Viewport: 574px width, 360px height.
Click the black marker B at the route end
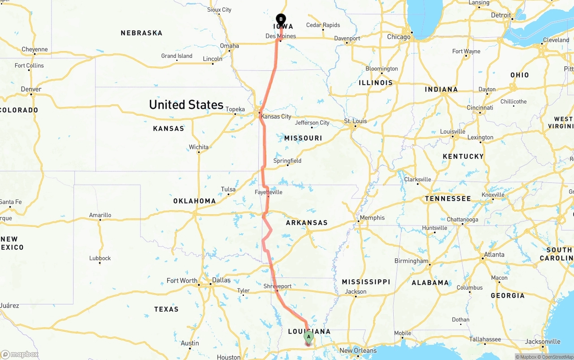pyautogui.click(x=281, y=19)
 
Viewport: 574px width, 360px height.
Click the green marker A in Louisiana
pyautogui.click(x=309, y=337)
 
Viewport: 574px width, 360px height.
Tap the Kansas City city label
pyautogui.click(x=276, y=117)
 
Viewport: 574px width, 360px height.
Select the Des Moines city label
pyautogui.click(x=281, y=36)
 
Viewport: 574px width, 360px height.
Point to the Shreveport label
pyautogui.click(x=277, y=286)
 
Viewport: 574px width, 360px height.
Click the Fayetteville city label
pyautogui.click(x=268, y=192)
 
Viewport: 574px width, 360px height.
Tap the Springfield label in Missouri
pyautogui.click(x=287, y=161)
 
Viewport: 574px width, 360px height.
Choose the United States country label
pyautogui.click(x=186, y=105)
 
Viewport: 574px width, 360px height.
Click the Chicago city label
pyautogui.click(x=399, y=37)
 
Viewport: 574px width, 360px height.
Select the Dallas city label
pyautogui.click(x=221, y=280)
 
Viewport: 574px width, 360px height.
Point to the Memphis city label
pyautogui.click(x=372, y=218)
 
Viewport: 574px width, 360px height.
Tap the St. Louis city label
pyautogui.click(x=355, y=121)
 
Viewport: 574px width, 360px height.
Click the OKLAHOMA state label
pyautogui.click(x=195, y=201)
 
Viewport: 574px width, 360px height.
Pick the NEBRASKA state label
pyautogui.click(x=141, y=33)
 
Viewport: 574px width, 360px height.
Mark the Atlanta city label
pyautogui.click(x=494, y=255)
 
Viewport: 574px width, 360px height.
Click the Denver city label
pyautogui.click(x=31, y=89)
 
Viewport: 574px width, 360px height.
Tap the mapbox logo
pyautogui.click(x=20, y=355)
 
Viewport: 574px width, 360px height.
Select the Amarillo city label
pyautogui.click(x=100, y=215)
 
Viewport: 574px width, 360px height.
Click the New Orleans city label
pyautogui.click(x=358, y=351)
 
